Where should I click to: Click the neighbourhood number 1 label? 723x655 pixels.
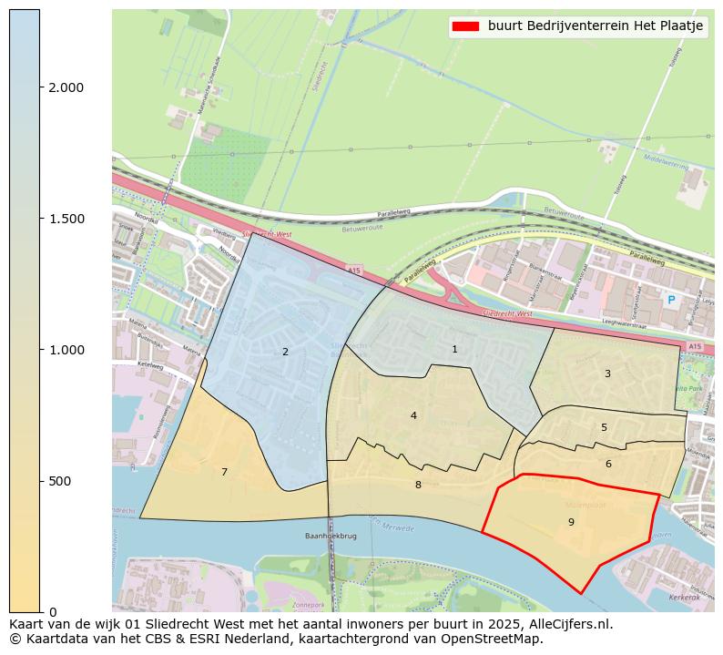[x=454, y=350]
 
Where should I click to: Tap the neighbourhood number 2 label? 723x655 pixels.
[x=285, y=352]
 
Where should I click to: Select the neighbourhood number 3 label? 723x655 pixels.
[x=607, y=374]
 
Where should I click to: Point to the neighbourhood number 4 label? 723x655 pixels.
[x=413, y=415]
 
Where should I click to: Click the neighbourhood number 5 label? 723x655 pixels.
[x=604, y=427]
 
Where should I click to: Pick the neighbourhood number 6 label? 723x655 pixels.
[x=608, y=464]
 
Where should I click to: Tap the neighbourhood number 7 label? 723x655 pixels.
[x=224, y=472]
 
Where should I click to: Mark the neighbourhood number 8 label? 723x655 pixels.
[x=418, y=485]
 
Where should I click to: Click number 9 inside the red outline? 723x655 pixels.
[x=571, y=522]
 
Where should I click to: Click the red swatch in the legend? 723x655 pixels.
[x=465, y=26]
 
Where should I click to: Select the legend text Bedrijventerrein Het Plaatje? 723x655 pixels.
[x=596, y=26]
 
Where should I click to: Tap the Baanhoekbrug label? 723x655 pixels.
[x=329, y=537]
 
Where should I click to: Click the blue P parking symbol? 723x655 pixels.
[x=671, y=300]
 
